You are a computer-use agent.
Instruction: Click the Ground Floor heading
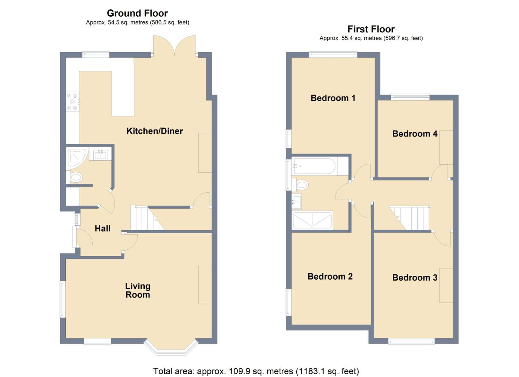coord(137,13)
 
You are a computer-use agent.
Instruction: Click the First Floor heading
coord(371,29)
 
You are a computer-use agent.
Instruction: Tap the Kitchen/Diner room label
coord(154,131)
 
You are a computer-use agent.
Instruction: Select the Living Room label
coord(138,290)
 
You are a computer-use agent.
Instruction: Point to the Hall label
coord(102,228)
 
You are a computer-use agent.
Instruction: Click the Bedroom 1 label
coord(333,98)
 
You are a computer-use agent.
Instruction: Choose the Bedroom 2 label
coord(330,276)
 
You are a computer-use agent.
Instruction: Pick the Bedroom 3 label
coord(415,278)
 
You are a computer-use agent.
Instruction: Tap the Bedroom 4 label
coord(415,134)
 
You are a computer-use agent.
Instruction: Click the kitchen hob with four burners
coord(72,102)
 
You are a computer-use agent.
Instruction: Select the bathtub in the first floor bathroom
coord(315,166)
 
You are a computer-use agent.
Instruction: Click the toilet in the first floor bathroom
coord(301,184)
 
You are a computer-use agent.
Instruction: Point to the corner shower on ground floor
coord(76,157)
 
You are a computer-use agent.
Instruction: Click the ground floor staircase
coord(146,218)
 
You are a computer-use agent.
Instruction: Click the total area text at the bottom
coord(256,371)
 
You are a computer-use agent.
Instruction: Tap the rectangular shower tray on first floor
coord(312,220)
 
